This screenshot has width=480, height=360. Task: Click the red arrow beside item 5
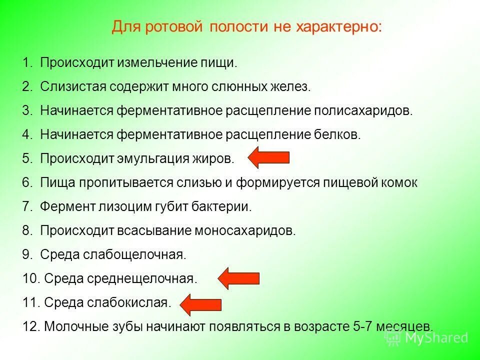(x=268, y=158)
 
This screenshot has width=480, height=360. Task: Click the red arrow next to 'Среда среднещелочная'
(x=239, y=278)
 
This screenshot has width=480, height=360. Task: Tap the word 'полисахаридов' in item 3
(x=363, y=110)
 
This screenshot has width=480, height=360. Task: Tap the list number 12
(x=30, y=326)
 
